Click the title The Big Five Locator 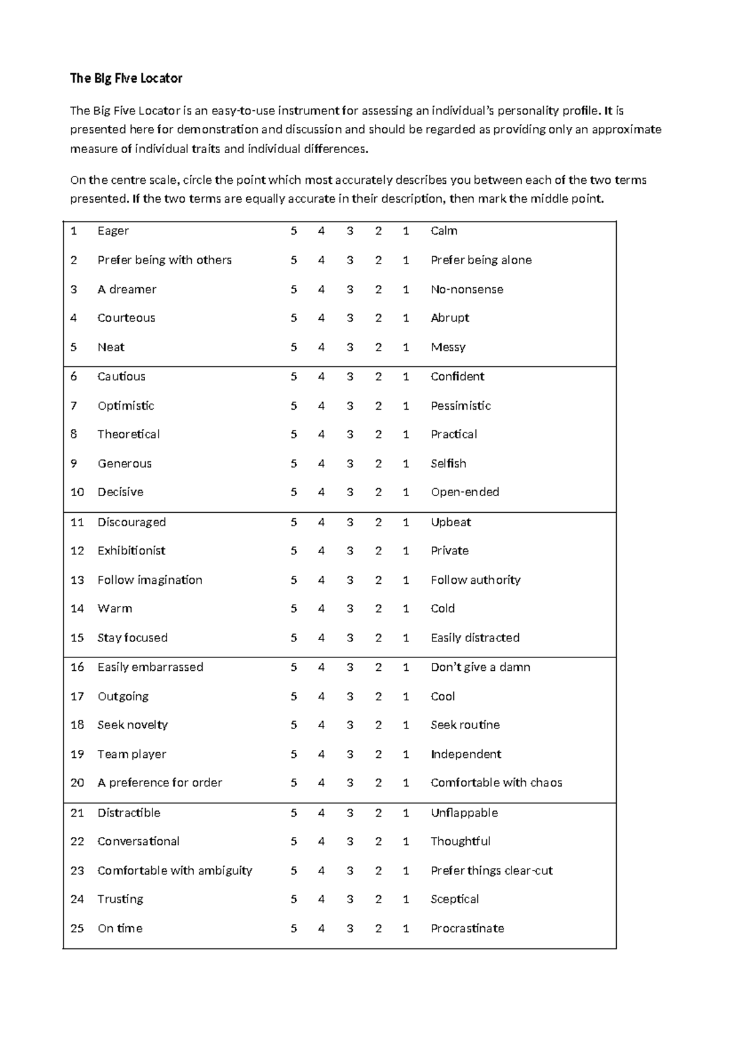[x=126, y=78]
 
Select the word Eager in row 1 [x=113, y=231]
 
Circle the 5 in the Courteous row [x=294, y=318]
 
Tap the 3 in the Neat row [x=350, y=347]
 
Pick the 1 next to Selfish [x=405, y=464]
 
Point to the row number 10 [x=77, y=492]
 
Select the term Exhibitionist [x=131, y=551]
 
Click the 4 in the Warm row [x=322, y=608]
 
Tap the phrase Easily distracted [x=475, y=638]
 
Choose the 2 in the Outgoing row [x=379, y=697]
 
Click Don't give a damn [x=480, y=667]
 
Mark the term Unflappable [x=464, y=813]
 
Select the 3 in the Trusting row [x=350, y=899]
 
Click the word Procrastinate [x=467, y=928]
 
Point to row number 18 [x=77, y=725]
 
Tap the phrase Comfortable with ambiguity [x=175, y=871]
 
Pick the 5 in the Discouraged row [x=294, y=523]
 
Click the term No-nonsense [x=467, y=289]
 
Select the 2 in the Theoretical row [x=379, y=434]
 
